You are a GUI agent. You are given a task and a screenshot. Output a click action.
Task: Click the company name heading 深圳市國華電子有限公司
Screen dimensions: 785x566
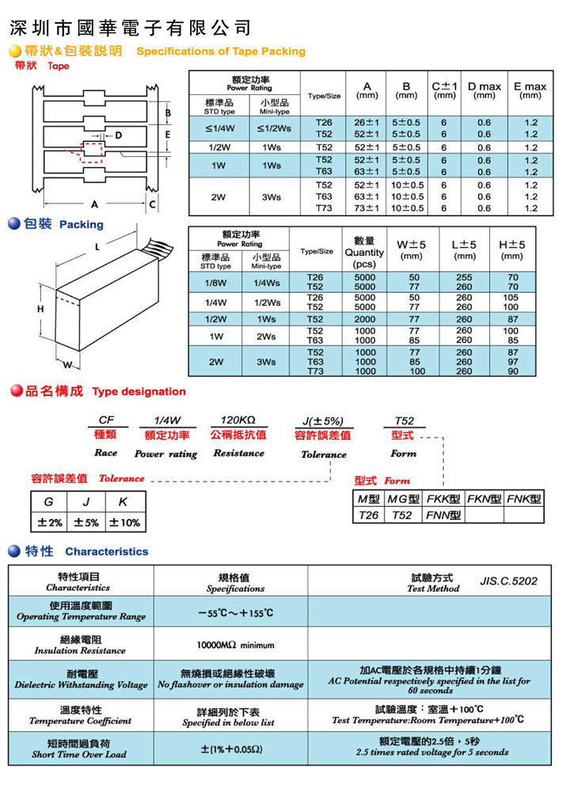tap(131, 29)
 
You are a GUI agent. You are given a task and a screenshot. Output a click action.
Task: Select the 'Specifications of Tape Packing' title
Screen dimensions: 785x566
tap(221, 51)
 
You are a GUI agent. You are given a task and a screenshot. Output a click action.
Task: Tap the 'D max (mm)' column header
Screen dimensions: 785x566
tap(484, 90)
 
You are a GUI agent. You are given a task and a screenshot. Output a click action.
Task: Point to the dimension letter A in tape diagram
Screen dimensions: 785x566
tap(94, 203)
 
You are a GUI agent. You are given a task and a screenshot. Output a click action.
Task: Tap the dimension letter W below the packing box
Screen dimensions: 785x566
tap(68, 365)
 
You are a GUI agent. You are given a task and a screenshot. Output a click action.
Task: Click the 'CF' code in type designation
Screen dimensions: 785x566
tap(106, 420)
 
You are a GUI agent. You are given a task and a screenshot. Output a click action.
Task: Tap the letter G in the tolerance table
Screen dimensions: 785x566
tap(49, 502)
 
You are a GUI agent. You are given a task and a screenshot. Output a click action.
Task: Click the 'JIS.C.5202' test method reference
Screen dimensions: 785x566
tap(508, 581)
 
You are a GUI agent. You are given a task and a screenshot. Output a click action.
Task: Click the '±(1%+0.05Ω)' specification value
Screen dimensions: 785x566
tap(231, 748)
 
